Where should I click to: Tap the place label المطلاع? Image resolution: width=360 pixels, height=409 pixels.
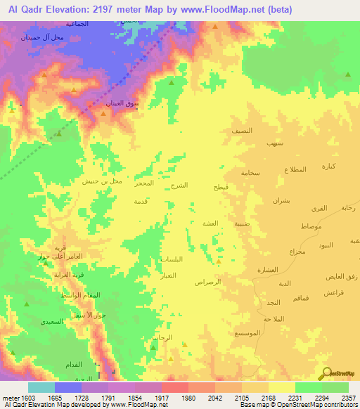tap(296, 171)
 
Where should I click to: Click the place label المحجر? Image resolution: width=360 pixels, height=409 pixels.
tap(144, 183)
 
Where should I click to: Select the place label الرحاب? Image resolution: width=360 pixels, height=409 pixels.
tap(162, 338)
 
